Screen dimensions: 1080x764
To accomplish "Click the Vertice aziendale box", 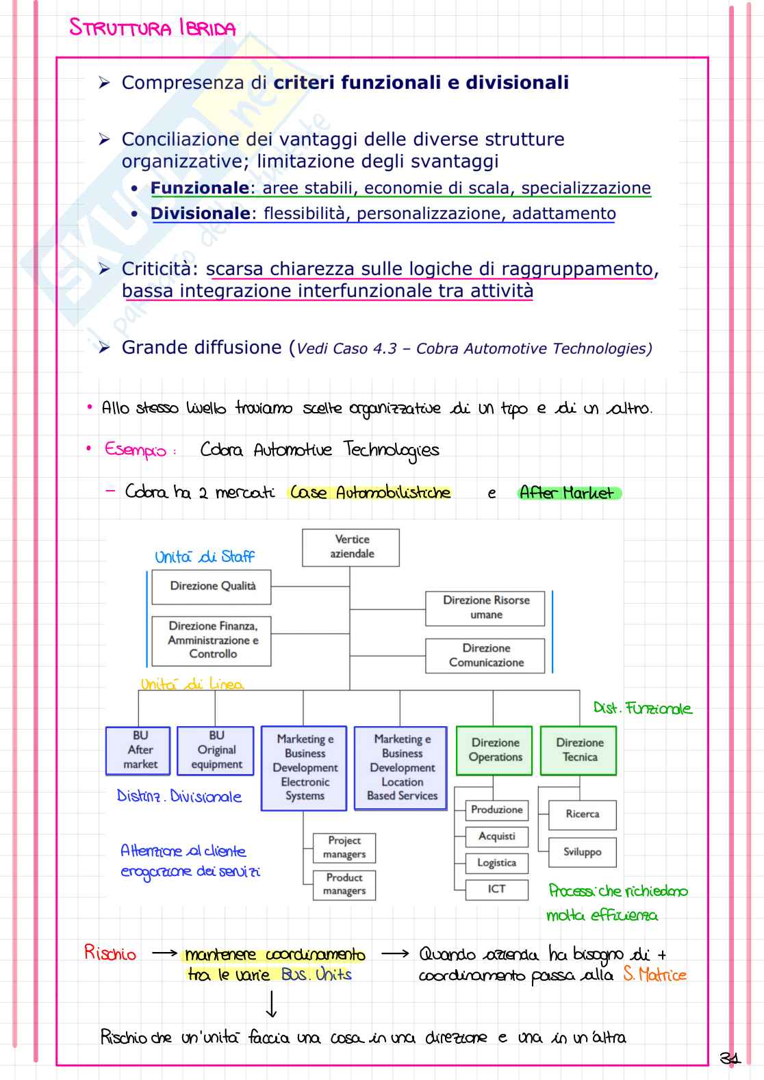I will (x=351, y=547).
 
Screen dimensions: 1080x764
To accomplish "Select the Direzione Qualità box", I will (x=212, y=587).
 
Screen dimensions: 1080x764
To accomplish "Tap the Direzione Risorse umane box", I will (x=485, y=608).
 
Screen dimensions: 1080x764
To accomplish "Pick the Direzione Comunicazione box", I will (x=485, y=656).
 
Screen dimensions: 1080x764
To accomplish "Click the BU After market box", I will (x=139, y=750).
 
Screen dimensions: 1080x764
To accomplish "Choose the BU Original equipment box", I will (x=216, y=750).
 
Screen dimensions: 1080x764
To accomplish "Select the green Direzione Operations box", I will (x=494, y=750).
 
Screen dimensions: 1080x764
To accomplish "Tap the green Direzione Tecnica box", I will (x=578, y=750).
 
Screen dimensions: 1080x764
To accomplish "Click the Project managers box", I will (x=344, y=847).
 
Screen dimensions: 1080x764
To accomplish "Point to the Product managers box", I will (x=344, y=884).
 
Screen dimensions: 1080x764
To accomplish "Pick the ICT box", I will (x=496, y=889).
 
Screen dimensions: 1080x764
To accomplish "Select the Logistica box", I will (x=496, y=862).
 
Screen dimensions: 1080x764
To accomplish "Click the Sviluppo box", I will (x=582, y=852).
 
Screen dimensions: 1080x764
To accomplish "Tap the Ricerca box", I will (x=582, y=814).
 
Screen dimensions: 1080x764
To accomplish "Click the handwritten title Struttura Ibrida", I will (x=152, y=28).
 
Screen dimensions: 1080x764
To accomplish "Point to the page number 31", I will (x=730, y=1058).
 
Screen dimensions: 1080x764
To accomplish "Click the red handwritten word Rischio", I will (x=110, y=953).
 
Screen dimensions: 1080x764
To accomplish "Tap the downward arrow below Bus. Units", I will (x=271, y=1004).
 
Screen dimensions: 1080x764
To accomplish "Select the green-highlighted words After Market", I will (x=568, y=493).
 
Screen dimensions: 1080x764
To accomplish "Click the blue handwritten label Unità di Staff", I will (x=204, y=556).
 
